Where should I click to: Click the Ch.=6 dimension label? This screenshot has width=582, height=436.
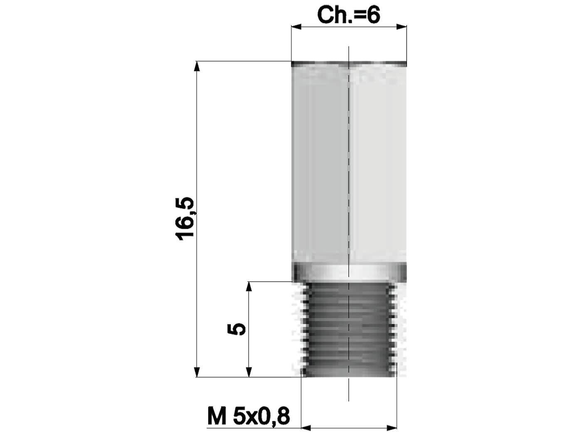(348, 15)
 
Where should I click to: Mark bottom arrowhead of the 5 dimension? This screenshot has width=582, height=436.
(249, 372)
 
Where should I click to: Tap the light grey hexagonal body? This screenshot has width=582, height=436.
(348, 166)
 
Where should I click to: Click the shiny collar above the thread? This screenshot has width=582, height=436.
(348, 272)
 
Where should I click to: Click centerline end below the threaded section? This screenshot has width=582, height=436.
(348, 400)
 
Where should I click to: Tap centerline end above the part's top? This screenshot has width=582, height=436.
(348, 48)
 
